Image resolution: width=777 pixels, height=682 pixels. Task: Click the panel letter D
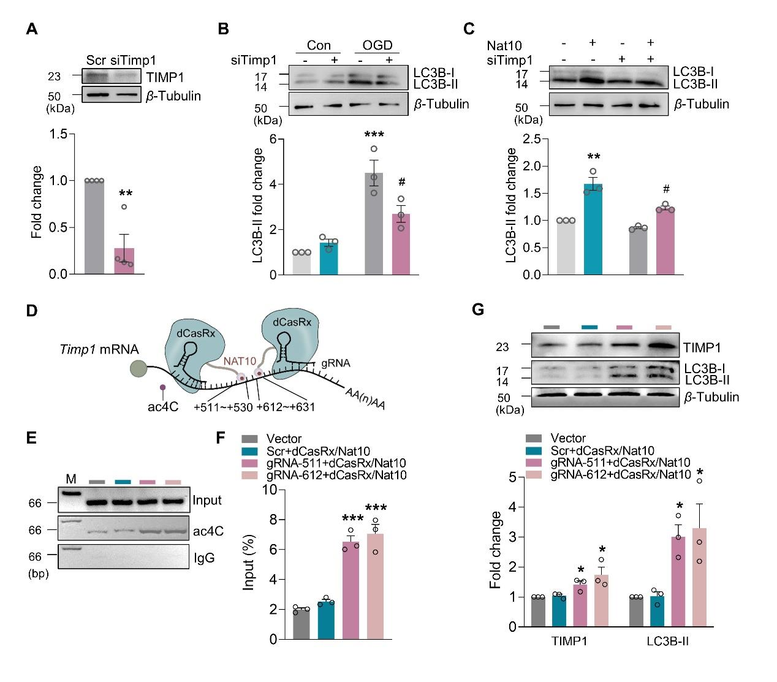coord(32,309)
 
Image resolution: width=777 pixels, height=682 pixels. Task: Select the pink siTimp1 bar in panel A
coord(124,260)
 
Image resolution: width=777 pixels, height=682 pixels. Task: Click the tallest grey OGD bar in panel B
coord(374,224)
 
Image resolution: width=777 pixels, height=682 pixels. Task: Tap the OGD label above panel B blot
coord(377,45)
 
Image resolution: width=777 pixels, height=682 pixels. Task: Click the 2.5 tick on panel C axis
coord(539,139)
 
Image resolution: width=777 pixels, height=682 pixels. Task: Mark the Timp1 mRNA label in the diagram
coord(99,349)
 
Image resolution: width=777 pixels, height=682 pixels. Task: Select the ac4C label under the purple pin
coord(162,406)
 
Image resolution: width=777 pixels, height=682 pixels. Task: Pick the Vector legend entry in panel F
coord(284,439)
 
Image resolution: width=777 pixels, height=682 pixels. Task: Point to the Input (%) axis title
coord(249,564)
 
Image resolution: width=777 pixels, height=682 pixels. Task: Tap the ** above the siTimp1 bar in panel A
coord(125,193)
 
